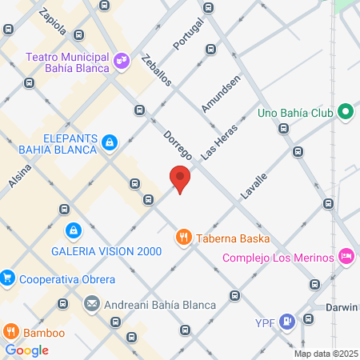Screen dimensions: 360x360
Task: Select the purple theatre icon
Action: tap(120, 59)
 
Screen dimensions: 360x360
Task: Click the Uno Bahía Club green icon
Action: tap(345, 113)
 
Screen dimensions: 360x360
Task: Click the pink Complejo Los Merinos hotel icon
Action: tap(346, 256)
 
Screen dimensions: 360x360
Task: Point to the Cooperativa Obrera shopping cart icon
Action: tap(8, 278)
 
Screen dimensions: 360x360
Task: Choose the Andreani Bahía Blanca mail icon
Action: tap(91, 304)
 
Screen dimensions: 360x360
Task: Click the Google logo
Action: tap(26, 350)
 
